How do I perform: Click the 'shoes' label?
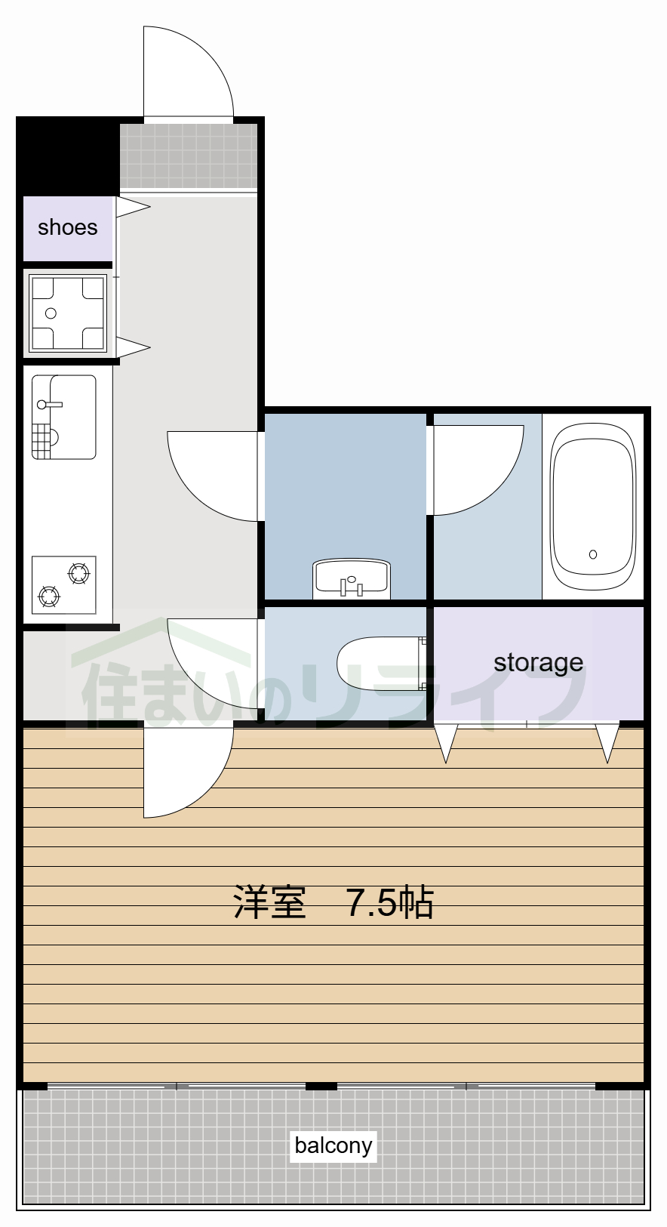pyautogui.click(x=67, y=227)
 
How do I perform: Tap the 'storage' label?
pyautogui.click(x=538, y=662)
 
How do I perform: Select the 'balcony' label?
pyautogui.click(x=333, y=1145)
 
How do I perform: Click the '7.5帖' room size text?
pyautogui.click(x=389, y=902)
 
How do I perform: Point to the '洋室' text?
pyautogui.click(x=269, y=902)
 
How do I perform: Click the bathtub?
pyautogui.click(x=593, y=506)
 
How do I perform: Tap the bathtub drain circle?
pyautogui.click(x=593, y=554)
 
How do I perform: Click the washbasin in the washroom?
pyautogui.click(x=351, y=578)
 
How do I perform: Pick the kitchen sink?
pyautogui.click(x=64, y=417)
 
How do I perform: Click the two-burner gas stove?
pyautogui.click(x=64, y=585)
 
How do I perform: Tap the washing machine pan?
pyautogui.click(x=67, y=313)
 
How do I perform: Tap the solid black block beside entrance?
pyautogui.click(x=67, y=154)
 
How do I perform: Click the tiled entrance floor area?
pyautogui.click(x=189, y=156)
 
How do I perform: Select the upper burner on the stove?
pyautogui.click(x=78, y=574)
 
